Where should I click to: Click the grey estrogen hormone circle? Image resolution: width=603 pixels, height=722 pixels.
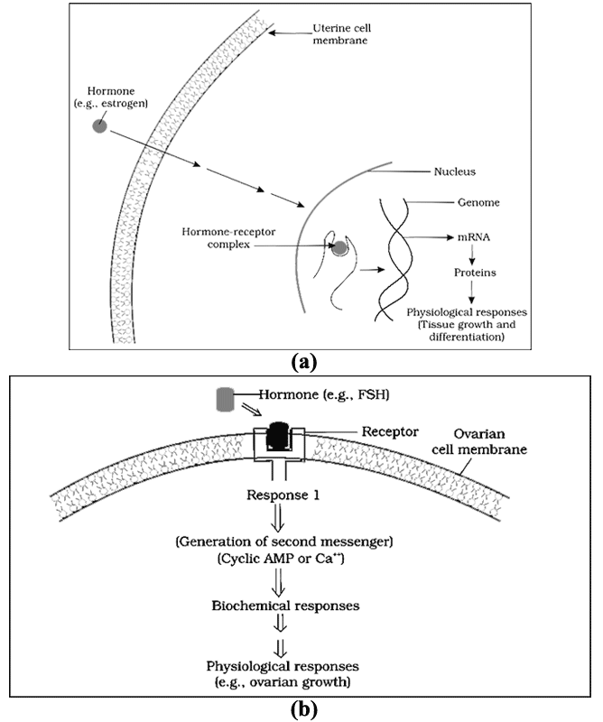[99, 125]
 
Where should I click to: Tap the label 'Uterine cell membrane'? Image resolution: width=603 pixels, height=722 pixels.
[341, 34]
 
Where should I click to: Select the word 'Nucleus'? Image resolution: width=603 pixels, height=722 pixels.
[455, 171]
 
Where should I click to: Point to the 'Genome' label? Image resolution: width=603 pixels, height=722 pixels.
[478, 202]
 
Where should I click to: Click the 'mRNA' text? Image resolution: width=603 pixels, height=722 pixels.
[473, 237]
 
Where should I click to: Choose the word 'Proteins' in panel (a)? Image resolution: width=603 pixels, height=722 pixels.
[475, 273]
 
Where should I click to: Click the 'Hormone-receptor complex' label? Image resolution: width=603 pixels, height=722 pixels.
[228, 238]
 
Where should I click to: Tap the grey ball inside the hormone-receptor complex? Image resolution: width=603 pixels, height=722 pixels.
[340, 248]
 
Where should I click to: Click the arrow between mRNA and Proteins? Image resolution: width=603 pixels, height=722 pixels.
[472, 255]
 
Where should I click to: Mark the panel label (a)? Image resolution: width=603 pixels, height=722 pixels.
[303, 362]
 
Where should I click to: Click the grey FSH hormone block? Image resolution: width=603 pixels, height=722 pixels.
[226, 399]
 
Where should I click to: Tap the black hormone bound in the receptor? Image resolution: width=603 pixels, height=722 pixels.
[279, 435]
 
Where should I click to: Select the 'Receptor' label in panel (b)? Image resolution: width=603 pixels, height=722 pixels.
[390, 432]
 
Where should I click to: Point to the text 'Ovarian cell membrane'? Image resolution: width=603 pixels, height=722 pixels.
[479, 441]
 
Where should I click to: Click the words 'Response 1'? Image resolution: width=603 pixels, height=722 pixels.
[283, 495]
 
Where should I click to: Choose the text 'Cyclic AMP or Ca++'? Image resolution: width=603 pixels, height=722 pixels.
[281, 559]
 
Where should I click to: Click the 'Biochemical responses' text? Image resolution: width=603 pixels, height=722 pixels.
[285, 605]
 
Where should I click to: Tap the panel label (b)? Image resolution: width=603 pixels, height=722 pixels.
[304, 710]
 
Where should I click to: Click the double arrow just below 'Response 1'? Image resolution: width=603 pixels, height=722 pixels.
[279, 517]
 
